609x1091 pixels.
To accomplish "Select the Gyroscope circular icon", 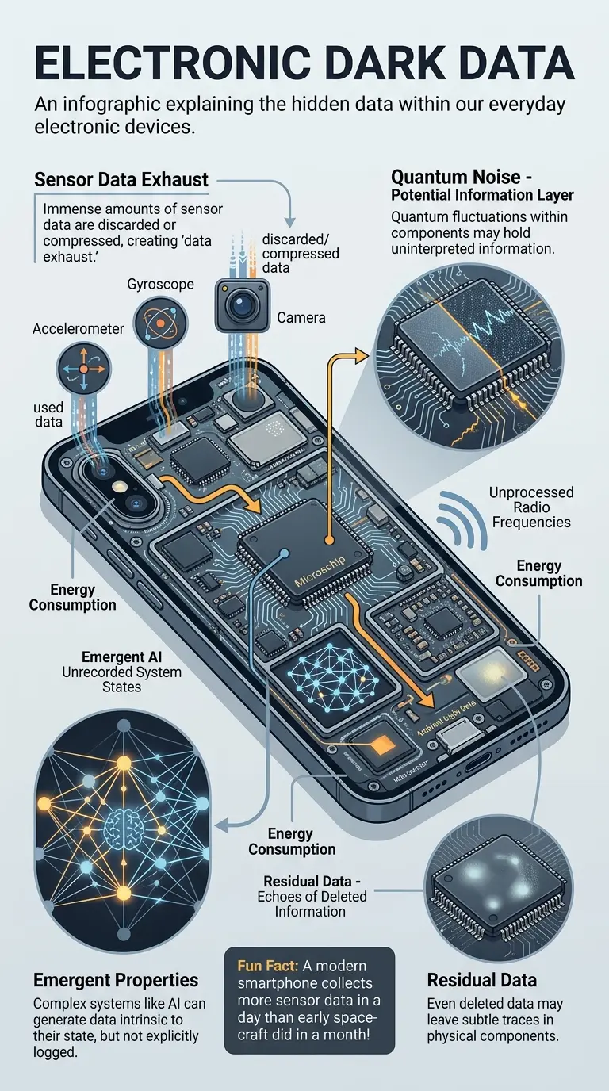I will click(159, 323).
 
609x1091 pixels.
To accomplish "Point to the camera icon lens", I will click(241, 305).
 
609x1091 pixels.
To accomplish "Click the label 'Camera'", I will click(301, 318).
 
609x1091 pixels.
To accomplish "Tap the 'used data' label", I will click(48, 415).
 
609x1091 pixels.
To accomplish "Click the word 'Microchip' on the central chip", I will click(322, 580).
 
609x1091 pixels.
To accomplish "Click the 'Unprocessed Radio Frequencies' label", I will click(530, 507).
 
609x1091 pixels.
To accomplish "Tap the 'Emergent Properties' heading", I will click(116, 980).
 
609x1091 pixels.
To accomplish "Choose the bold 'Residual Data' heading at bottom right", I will click(481, 980).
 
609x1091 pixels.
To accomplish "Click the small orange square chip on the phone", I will click(381, 743).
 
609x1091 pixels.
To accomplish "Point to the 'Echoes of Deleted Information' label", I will click(311, 903).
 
